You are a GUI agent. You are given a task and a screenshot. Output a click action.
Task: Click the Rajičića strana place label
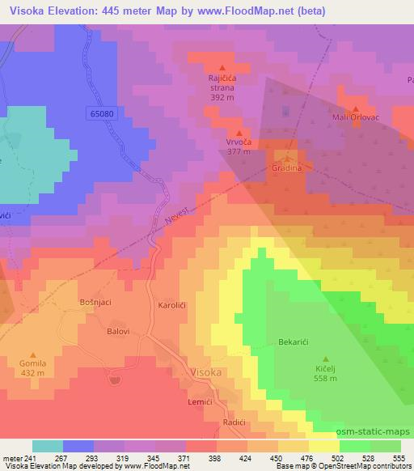pos(221,83)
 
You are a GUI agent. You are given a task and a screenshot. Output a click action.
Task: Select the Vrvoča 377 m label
pos(238,146)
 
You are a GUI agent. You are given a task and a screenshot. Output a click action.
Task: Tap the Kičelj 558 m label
pos(326,373)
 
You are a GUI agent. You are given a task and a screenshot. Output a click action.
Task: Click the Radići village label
pos(234,422)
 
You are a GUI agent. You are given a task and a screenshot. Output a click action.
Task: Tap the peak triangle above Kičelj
pos(326,359)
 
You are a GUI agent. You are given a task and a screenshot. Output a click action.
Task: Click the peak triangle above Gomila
pos(33,354)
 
